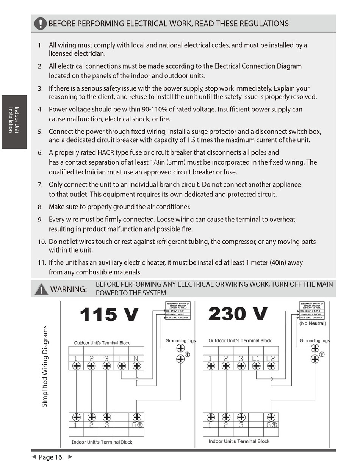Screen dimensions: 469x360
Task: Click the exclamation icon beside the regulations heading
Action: pyautogui.click(x=40, y=24)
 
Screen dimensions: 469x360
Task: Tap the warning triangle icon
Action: pyautogui.click(x=41, y=289)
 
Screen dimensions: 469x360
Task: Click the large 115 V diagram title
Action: pyautogui.click(x=109, y=315)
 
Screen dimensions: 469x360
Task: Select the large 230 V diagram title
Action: pyautogui.click(x=238, y=314)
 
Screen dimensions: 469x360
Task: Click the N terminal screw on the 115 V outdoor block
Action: pyautogui.click(x=137, y=366)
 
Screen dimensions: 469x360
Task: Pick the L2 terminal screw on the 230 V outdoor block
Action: pyautogui.click(x=271, y=366)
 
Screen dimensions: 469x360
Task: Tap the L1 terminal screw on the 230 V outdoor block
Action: pyautogui.click(x=256, y=366)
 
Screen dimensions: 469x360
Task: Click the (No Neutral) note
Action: pyautogui.click(x=312, y=323)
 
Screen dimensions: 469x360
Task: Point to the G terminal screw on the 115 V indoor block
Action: pyautogui.click(x=137, y=417)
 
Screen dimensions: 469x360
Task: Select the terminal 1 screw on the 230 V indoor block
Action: pyautogui.click(x=211, y=417)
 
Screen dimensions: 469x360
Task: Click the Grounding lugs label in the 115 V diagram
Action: pyautogui.click(x=180, y=340)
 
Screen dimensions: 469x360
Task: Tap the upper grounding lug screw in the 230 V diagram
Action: pyautogui.click(x=315, y=348)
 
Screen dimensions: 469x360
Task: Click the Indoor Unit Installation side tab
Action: pyautogui.click(x=14, y=121)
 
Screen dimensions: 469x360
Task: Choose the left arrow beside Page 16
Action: pyautogui.click(x=34, y=457)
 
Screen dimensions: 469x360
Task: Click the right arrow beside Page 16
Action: pyautogui.click(x=70, y=457)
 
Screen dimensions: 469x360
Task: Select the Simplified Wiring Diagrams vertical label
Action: pyautogui.click(x=45, y=366)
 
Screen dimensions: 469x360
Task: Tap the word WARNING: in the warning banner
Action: pyautogui.click(x=69, y=289)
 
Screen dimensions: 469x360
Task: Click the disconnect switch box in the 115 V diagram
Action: pyautogui.click(x=178, y=311)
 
